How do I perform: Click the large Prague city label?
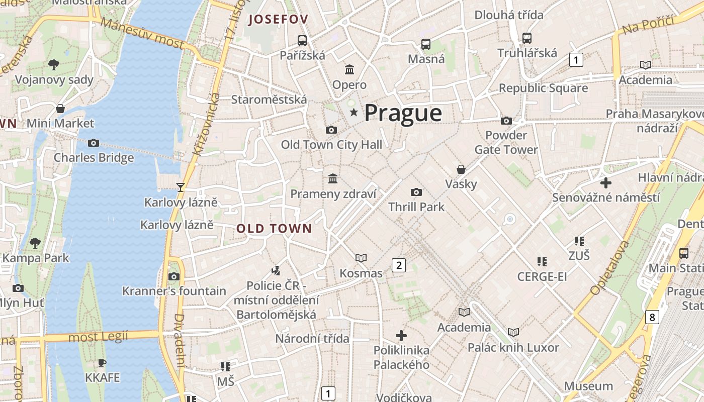[x=403, y=113]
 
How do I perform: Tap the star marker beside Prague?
[x=354, y=113]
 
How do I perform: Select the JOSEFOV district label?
[x=278, y=20]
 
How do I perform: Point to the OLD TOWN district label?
[x=274, y=229]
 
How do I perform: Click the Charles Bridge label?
[x=94, y=157]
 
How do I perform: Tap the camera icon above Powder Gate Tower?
[x=506, y=121]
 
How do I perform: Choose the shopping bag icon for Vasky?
[x=461, y=169]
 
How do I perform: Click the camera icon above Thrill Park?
[x=416, y=192]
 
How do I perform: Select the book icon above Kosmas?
[x=361, y=258]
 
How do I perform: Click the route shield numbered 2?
[x=399, y=265]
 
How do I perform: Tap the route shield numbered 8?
[x=652, y=317]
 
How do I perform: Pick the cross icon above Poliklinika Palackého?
[x=401, y=335]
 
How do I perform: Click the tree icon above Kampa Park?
[x=35, y=243]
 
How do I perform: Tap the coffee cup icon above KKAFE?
[x=102, y=363]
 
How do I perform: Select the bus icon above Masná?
[x=426, y=44]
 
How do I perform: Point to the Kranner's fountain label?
[x=174, y=291]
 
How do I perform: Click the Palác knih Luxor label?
[x=513, y=347]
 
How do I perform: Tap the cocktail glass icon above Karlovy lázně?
[x=181, y=187]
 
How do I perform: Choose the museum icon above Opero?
[x=349, y=69]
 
